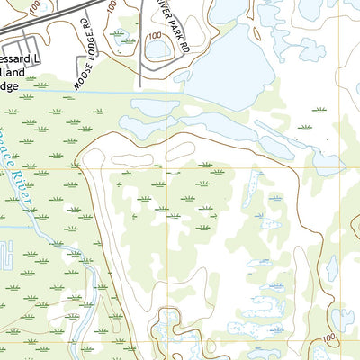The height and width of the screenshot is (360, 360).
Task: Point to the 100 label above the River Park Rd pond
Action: [155, 36]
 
